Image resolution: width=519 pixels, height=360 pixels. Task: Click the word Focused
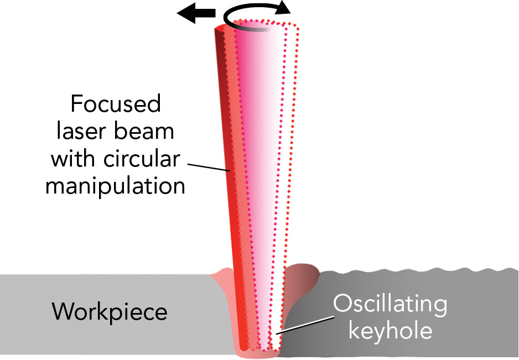click(x=115, y=104)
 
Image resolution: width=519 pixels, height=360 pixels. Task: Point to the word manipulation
click(x=115, y=186)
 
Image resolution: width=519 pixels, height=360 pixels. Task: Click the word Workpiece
click(x=110, y=312)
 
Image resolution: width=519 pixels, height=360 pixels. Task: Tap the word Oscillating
click(x=389, y=304)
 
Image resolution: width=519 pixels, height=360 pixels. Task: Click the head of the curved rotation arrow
click(x=284, y=8)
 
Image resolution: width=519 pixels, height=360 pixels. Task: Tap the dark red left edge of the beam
click(x=222, y=111)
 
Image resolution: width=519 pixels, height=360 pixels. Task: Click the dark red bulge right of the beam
click(x=303, y=276)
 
